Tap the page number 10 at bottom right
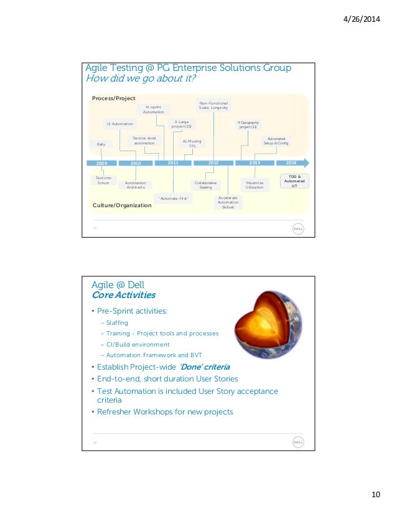tap(375, 495)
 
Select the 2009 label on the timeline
tap(102, 163)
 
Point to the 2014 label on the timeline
tap(291, 162)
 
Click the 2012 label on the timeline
tap(213, 162)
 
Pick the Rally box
tap(101, 144)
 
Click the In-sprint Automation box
tap(153, 110)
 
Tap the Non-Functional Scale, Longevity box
tap(213, 106)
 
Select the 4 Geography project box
tap(248, 124)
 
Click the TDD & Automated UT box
tap(294, 181)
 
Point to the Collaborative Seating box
tap(205, 185)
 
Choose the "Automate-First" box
tap(173, 198)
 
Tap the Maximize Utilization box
tap(255, 185)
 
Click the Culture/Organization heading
tap(122, 205)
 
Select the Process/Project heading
tap(113, 99)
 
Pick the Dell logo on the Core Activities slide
tap(298, 442)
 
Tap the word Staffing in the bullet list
tap(118, 323)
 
